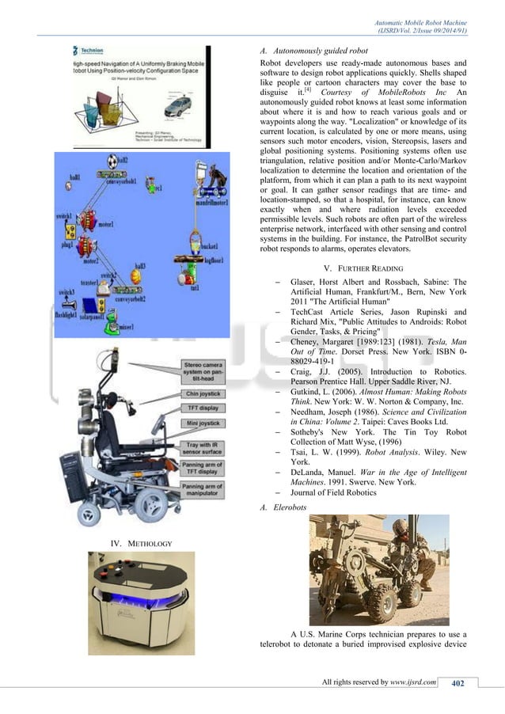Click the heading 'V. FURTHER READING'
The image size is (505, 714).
tap(363, 267)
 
